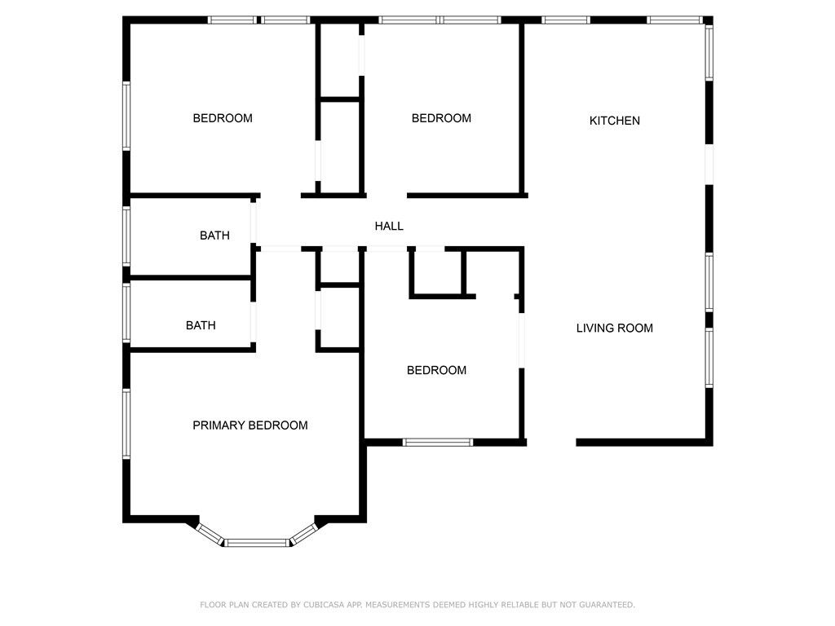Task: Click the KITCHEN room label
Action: click(615, 121)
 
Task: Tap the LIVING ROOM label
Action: click(615, 328)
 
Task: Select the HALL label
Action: click(389, 227)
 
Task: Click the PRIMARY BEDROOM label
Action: click(250, 425)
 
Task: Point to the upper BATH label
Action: click(214, 236)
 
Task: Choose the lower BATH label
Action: click(201, 325)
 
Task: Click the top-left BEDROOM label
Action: click(223, 118)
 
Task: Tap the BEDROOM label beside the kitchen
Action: click(441, 118)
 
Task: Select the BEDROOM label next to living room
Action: click(437, 371)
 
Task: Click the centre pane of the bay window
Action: click(257, 543)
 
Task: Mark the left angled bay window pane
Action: click(210, 534)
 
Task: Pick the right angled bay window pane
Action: click(303, 534)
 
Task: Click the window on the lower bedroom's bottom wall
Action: click(437, 443)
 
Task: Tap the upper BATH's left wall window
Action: click(126, 236)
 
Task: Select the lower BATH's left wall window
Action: click(126, 312)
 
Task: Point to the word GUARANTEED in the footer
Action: click(607, 605)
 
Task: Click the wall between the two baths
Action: click(191, 278)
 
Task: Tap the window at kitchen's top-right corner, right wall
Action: click(709, 53)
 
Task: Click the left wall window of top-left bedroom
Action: click(126, 116)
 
